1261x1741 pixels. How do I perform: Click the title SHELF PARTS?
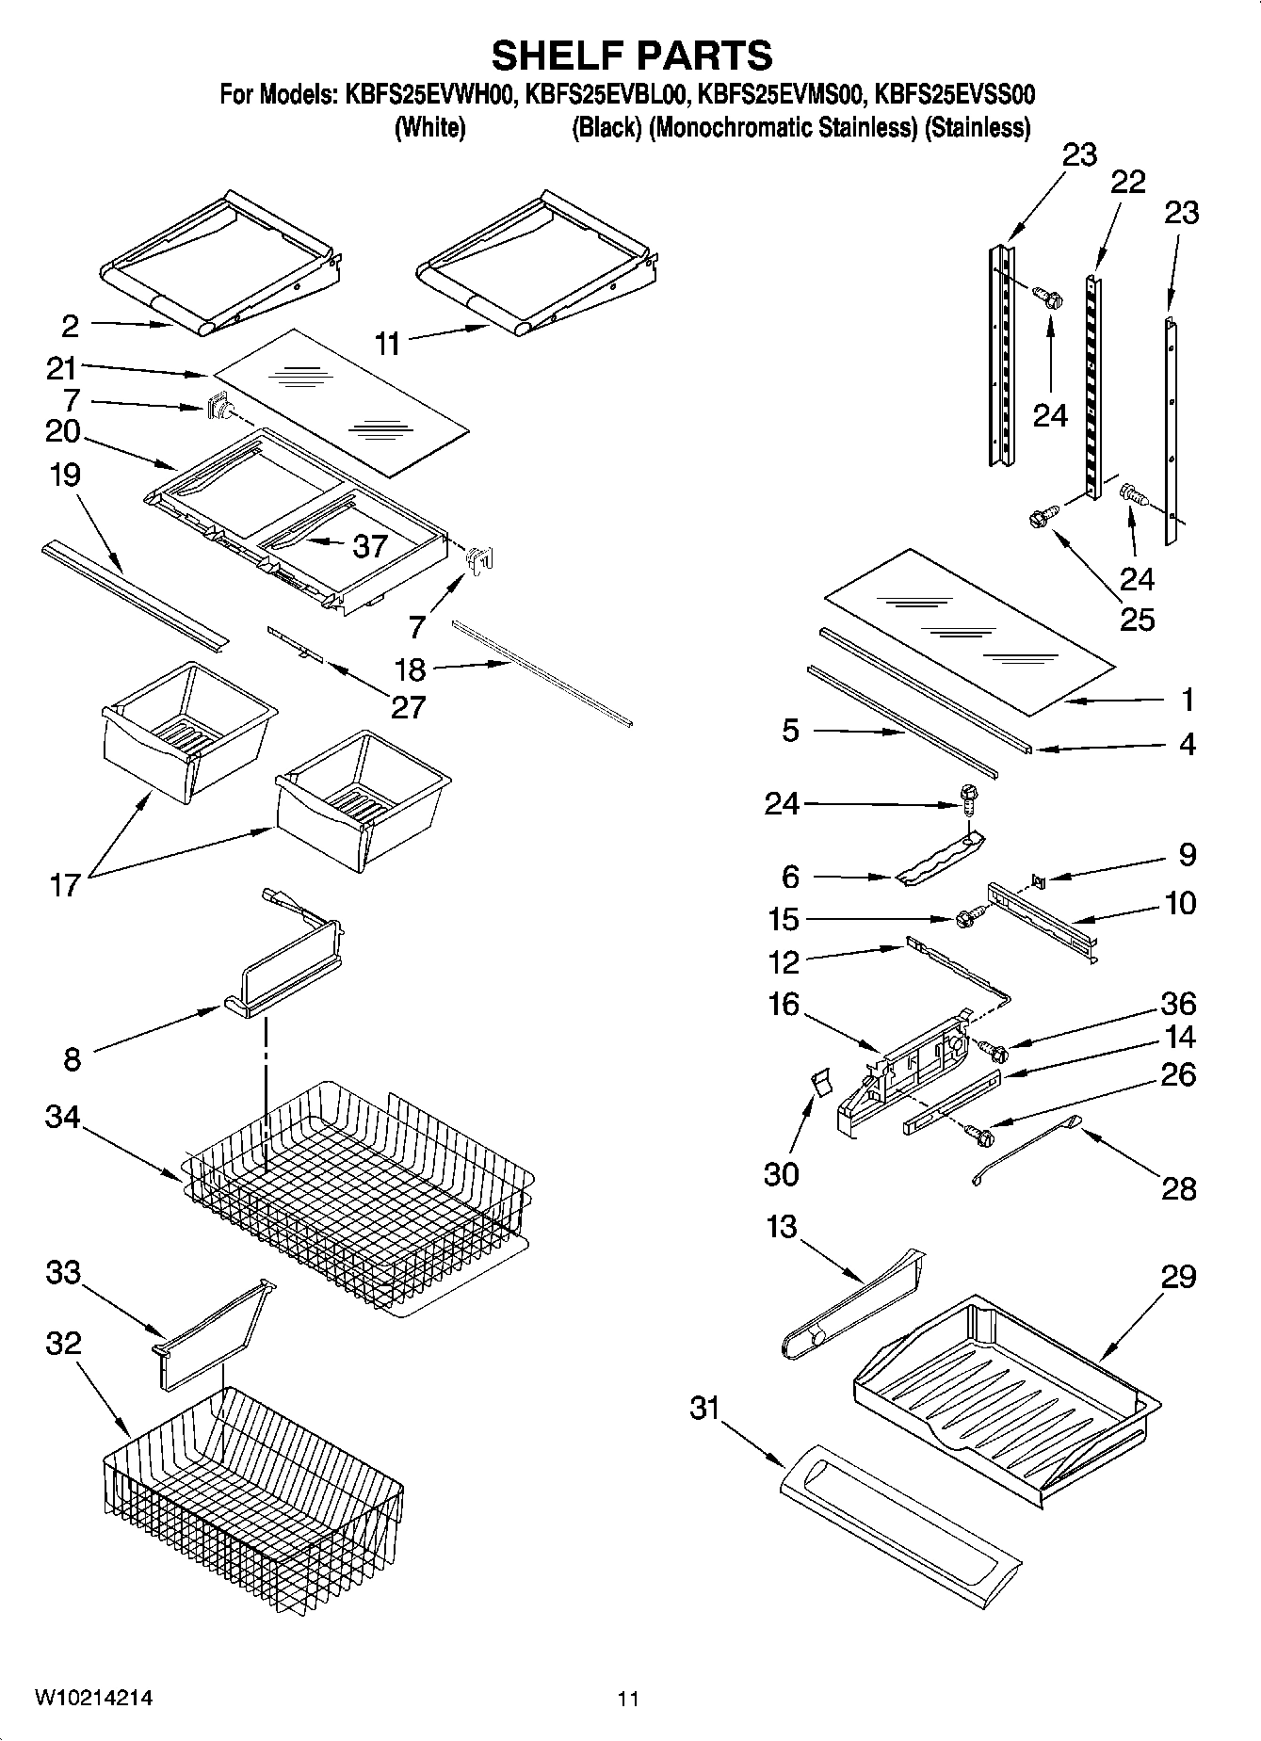click(x=631, y=56)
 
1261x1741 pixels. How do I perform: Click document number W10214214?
click(x=93, y=1698)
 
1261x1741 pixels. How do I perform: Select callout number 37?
click(x=369, y=545)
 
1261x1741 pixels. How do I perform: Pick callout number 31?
click(x=703, y=1409)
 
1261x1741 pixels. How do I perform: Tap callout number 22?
click(x=1127, y=181)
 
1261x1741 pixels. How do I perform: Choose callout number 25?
click(x=1137, y=620)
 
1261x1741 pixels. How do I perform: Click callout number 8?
click(x=73, y=1059)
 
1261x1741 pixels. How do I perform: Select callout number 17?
click(x=64, y=885)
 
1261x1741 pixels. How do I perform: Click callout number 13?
click(x=782, y=1227)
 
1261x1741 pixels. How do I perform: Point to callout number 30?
click(x=782, y=1174)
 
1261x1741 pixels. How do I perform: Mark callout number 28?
click(x=1178, y=1189)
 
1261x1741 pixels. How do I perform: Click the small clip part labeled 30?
click(x=820, y=1082)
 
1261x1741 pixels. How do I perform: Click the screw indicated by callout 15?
click(x=966, y=917)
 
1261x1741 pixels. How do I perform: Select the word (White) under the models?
click(x=429, y=128)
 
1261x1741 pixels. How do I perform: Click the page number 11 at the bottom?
click(x=628, y=1699)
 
